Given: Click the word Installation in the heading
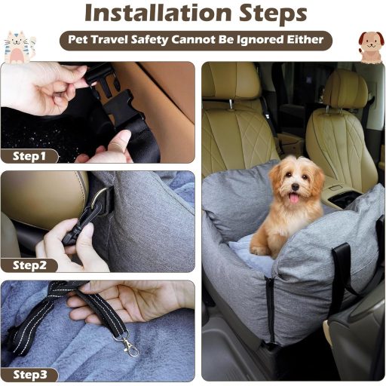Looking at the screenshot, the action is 158,13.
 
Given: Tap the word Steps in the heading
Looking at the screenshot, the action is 273,14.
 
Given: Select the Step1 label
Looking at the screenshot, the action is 29,156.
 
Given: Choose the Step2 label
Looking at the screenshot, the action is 29,265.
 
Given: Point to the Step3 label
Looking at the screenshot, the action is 30,375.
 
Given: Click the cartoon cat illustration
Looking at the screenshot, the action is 19,47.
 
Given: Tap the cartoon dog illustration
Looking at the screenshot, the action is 371,47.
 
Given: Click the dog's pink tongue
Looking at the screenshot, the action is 294,198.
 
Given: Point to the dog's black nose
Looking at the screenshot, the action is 296,187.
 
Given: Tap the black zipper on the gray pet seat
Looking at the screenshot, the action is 271,309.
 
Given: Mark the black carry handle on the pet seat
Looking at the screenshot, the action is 342,271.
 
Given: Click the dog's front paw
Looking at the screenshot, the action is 259,250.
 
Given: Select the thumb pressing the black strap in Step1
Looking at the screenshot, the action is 121,141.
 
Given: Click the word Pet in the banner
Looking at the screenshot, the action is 78,40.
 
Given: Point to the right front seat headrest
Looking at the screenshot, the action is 345,90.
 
